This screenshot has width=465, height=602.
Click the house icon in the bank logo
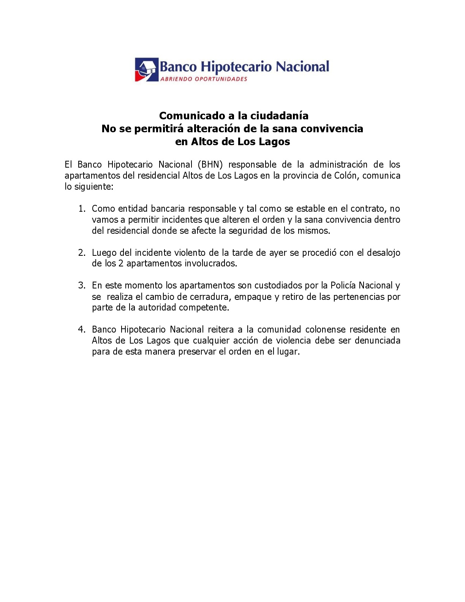(x=146, y=70)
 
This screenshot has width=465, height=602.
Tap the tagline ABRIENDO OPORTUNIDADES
(x=204, y=79)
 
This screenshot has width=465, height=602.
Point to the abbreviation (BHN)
(x=210, y=165)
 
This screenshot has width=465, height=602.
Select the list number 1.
(x=82, y=209)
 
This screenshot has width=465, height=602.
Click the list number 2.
(x=82, y=253)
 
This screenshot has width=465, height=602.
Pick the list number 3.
(x=82, y=285)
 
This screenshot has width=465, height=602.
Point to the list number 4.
(x=82, y=330)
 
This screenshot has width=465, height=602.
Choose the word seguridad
(x=248, y=231)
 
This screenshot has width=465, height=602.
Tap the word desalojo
(x=383, y=253)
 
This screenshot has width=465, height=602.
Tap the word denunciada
(x=377, y=341)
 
